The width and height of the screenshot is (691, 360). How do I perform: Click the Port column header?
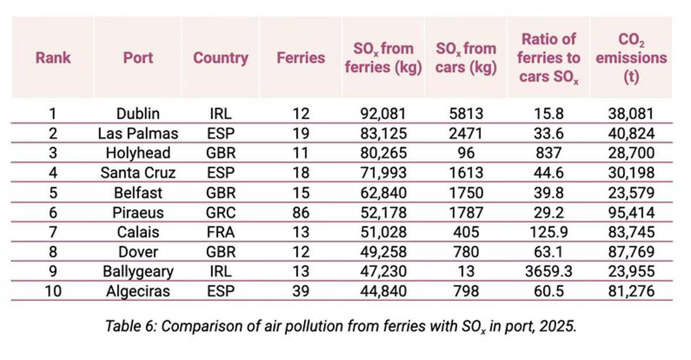click(x=138, y=58)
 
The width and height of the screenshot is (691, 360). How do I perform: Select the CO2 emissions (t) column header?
click(x=631, y=58)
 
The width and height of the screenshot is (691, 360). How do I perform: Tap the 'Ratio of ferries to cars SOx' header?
click(x=548, y=58)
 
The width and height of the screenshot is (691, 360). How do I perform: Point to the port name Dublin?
click(x=138, y=113)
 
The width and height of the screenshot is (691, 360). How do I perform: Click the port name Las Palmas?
click(x=138, y=134)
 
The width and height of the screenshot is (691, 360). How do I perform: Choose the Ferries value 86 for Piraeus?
click(x=301, y=213)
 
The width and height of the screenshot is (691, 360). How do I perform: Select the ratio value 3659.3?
click(x=548, y=271)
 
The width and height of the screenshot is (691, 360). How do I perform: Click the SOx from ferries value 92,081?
click(x=383, y=113)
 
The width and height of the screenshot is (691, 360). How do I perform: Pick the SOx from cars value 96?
click(x=466, y=153)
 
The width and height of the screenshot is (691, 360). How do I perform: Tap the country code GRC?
click(x=221, y=213)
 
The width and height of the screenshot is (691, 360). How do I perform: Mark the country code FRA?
click(x=221, y=232)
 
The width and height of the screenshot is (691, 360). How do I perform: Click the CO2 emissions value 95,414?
click(x=631, y=213)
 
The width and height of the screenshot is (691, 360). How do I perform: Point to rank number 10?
click(x=53, y=291)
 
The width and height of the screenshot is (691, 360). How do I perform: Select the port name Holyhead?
click(x=138, y=153)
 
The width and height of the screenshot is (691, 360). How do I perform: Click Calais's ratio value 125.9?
click(x=548, y=232)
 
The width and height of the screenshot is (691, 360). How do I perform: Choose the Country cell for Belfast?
click(x=221, y=192)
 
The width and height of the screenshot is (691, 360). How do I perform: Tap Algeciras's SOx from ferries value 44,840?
click(x=383, y=291)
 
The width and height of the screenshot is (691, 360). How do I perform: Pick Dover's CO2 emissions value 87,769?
click(x=631, y=252)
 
